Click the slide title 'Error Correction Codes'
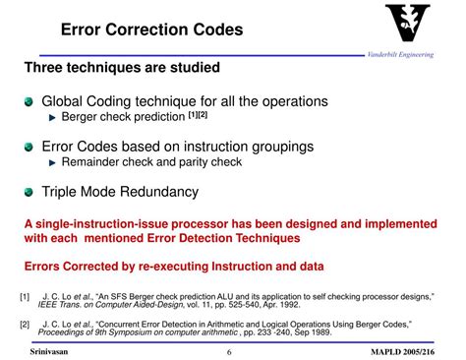(x=160, y=30)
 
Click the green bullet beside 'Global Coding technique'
(x=31, y=101)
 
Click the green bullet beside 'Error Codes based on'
(x=31, y=146)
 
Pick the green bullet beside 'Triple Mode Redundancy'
(x=31, y=191)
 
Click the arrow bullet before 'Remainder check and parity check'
(x=53, y=162)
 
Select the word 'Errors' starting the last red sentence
(x=45, y=265)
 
